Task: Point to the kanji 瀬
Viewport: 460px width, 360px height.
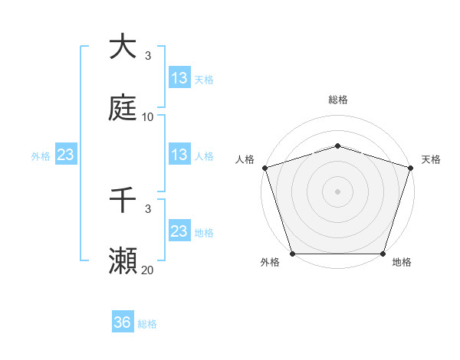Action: click(123, 260)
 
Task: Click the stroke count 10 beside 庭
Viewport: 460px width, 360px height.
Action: click(148, 117)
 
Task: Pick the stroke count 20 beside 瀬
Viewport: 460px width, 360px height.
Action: click(148, 270)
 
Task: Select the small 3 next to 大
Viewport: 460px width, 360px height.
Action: click(148, 56)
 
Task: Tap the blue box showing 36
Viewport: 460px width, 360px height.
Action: click(123, 323)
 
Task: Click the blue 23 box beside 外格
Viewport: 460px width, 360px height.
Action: click(66, 155)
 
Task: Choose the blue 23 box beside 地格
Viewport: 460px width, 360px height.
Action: click(179, 231)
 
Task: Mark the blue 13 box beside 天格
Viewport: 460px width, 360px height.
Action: click(179, 78)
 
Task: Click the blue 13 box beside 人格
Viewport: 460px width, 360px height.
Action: click(179, 155)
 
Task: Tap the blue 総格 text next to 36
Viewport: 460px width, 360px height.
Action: click(148, 324)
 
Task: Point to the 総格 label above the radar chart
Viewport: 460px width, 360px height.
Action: click(338, 100)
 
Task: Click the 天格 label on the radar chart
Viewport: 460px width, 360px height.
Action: click(431, 159)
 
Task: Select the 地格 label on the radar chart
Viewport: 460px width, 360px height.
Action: click(402, 263)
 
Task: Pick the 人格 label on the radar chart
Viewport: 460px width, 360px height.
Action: click(245, 159)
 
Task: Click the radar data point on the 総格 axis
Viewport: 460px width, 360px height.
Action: click(338, 146)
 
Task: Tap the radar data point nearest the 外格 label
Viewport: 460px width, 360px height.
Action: click(293, 254)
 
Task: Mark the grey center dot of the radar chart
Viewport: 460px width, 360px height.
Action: click(338, 191)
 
